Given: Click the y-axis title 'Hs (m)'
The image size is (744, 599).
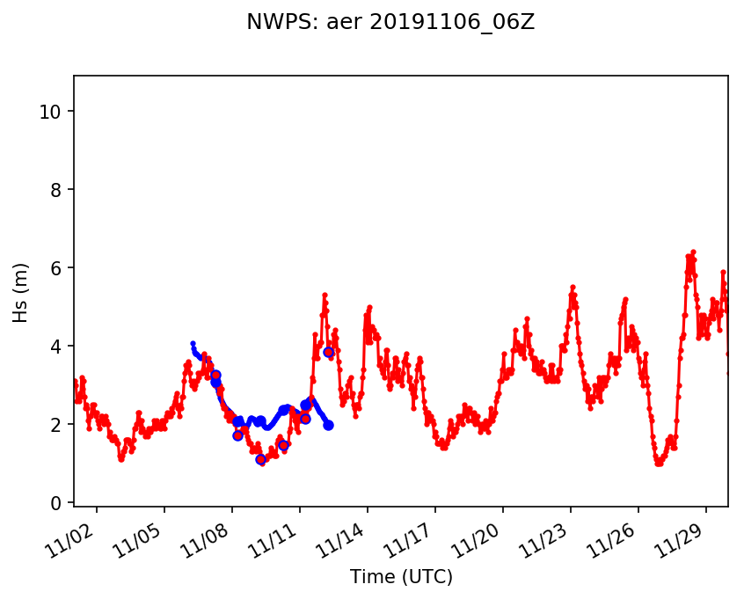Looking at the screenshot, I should click(20, 292).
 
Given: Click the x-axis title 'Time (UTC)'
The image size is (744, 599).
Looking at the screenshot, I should click(401, 577).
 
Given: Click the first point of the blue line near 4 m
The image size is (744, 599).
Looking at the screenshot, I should click(193, 343).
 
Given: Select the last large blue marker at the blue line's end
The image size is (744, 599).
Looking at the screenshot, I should click(328, 425).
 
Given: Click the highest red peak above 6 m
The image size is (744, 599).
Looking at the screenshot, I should click(693, 252).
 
